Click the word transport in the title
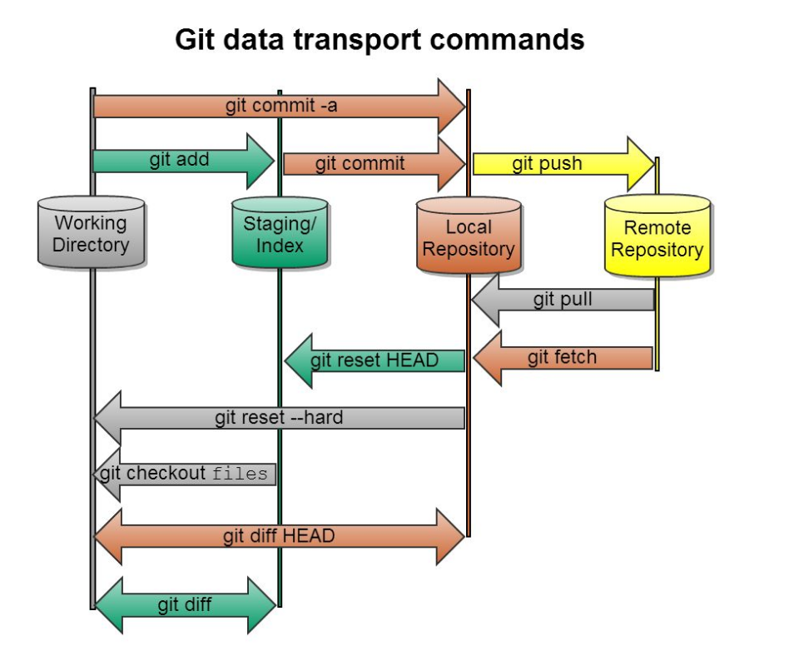pyautogui.click(x=345, y=39)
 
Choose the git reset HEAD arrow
pyautogui.click(x=374, y=360)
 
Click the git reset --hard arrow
pyautogui.click(x=279, y=418)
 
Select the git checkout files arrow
pyautogui.click(x=184, y=475)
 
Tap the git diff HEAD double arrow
pyautogui.click(x=279, y=536)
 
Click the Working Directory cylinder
pyautogui.click(x=92, y=233)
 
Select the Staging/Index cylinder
pyautogui.click(x=280, y=233)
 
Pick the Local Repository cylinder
pyautogui.click(x=469, y=236)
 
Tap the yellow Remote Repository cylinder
pyautogui.click(x=658, y=237)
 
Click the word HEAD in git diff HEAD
pyautogui.click(x=307, y=536)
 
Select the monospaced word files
pyautogui.click(x=240, y=475)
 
